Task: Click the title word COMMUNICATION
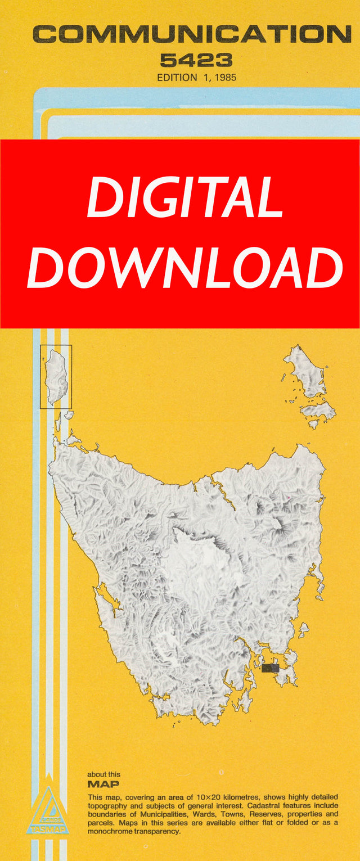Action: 191,35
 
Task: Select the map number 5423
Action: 196,60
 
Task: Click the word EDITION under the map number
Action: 176,78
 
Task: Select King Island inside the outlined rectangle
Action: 57,376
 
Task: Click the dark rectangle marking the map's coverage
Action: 270,668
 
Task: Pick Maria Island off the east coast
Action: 303,630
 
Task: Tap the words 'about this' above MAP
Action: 103,774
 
